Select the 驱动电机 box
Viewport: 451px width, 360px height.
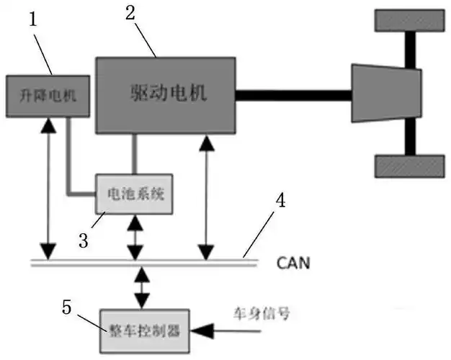[166, 94]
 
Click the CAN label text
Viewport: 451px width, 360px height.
[293, 263]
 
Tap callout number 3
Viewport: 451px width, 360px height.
[83, 239]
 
